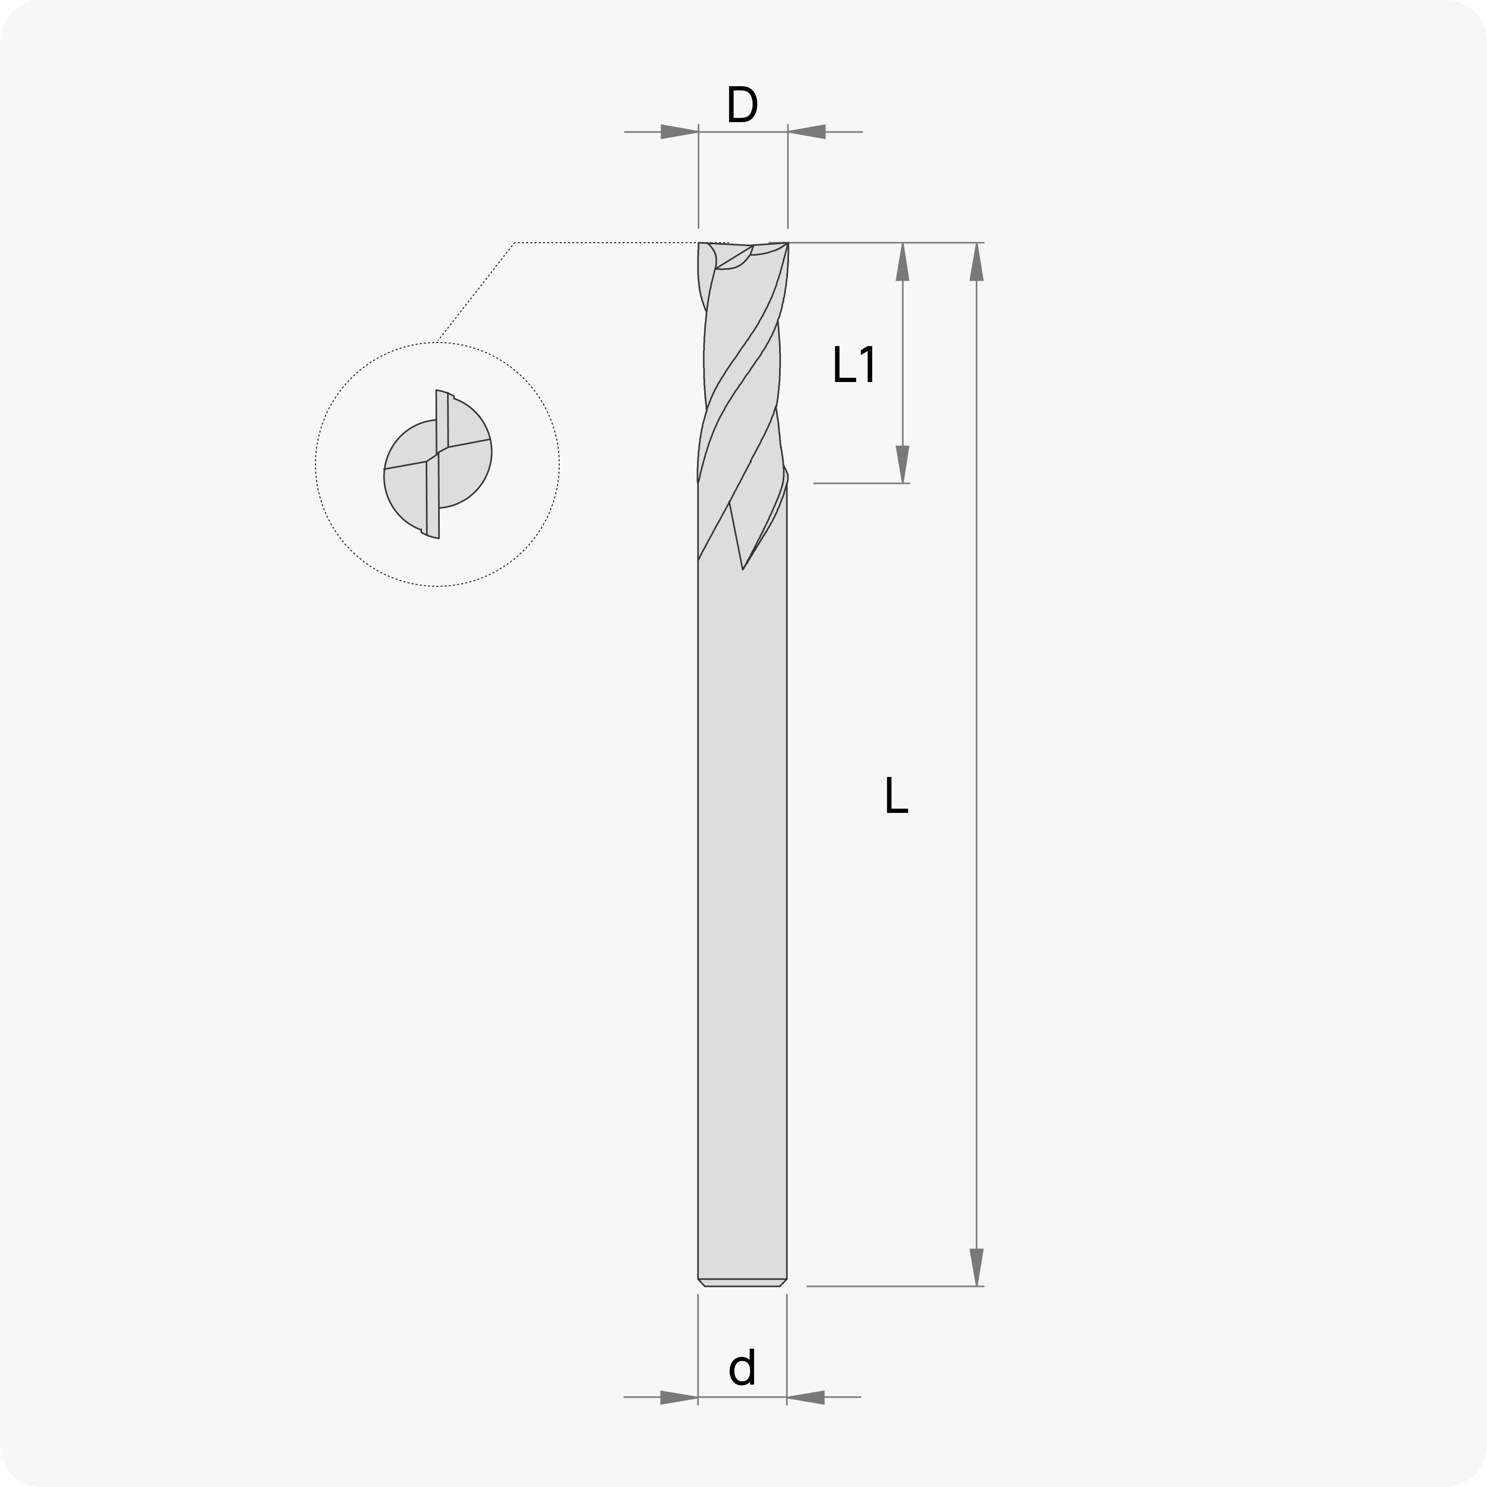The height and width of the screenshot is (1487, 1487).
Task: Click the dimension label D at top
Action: [x=742, y=104]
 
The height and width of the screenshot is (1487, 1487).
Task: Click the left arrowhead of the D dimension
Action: [x=680, y=131]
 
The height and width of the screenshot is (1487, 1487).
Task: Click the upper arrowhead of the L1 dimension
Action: [x=903, y=261]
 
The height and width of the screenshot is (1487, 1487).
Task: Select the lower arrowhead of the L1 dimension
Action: [x=903, y=464]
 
